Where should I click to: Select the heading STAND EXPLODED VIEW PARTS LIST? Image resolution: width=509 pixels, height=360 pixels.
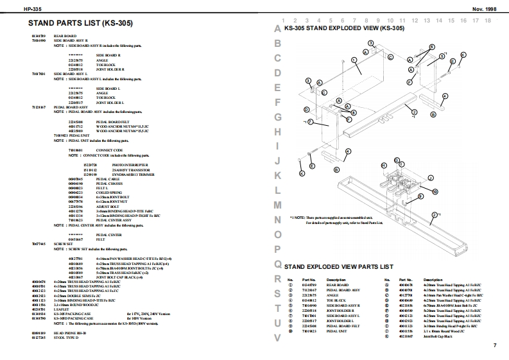pyautogui.click(x=338, y=266)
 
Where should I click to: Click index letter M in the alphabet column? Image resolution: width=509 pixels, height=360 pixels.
pyautogui.click(x=277, y=205)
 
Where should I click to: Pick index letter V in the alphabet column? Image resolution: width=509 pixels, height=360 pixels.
pyautogui.click(x=277, y=337)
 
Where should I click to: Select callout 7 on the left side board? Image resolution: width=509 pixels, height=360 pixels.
pyautogui.click(x=309, y=121)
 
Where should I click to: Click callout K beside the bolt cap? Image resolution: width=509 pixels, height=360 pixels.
pyautogui.click(x=302, y=173)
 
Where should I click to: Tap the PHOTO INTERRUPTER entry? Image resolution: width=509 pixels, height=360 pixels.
pyautogui.click(x=109, y=164)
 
